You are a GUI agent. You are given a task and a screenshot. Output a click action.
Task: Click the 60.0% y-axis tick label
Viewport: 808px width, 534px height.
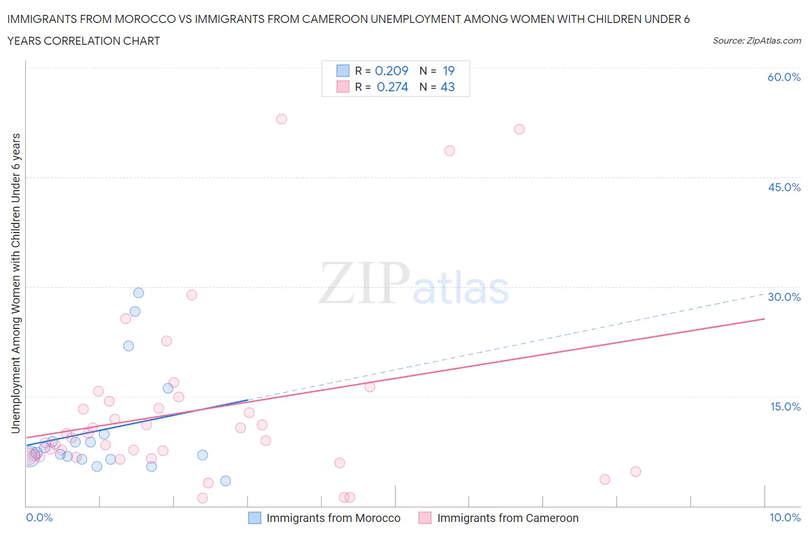click(784, 77)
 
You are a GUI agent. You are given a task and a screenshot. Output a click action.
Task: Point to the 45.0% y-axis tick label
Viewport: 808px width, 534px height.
click(784, 187)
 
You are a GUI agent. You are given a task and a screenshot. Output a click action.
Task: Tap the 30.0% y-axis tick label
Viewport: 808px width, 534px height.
click(784, 297)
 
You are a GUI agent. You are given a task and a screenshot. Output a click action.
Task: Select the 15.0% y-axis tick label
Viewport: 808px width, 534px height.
click(785, 407)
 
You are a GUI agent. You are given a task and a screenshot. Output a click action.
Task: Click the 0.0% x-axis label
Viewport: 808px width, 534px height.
click(39, 517)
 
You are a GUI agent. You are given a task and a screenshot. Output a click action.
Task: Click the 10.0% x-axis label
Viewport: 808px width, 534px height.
click(785, 517)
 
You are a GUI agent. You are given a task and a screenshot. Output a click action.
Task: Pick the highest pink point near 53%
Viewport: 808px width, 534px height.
click(282, 119)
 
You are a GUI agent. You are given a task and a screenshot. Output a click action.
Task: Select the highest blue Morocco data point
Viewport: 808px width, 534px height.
click(138, 293)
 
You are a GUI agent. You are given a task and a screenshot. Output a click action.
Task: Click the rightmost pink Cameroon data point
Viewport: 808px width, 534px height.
click(636, 471)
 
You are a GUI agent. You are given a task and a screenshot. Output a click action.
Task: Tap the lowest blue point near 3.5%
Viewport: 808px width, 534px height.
click(226, 481)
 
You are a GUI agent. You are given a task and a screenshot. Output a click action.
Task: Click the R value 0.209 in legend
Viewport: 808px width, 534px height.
click(391, 71)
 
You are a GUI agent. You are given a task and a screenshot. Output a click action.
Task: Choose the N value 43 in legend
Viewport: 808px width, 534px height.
click(448, 87)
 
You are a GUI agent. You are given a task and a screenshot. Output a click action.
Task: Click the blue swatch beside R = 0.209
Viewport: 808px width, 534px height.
click(343, 71)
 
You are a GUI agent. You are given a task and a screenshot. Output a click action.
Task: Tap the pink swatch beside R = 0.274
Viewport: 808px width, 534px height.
click(343, 87)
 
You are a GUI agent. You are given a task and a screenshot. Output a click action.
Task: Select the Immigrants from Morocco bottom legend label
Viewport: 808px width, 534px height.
click(333, 518)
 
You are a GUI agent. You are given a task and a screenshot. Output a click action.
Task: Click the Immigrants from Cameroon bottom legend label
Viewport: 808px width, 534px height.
click(507, 518)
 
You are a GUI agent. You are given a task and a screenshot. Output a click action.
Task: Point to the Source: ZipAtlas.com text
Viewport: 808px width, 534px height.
click(756, 41)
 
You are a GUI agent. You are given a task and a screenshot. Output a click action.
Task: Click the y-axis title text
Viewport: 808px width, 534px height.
click(16, 283)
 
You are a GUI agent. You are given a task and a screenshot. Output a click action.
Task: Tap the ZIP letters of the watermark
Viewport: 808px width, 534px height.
click(364, 283)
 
